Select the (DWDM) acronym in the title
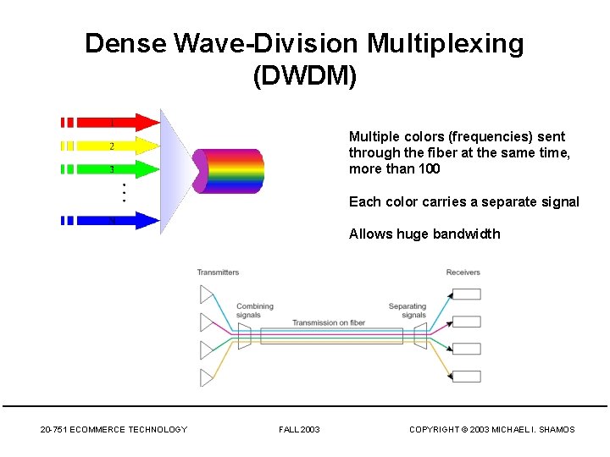[x=305, y=76]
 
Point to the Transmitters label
[x=218, y=273]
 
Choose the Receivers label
[x=463, y=273]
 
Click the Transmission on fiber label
[x=329, y=322]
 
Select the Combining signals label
[x=254, y=311]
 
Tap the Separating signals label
[x=408, y=311]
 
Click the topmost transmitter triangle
[x=207, y=295]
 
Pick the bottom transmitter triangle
[x=207, y=377]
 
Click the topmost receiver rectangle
[x=466, y=295]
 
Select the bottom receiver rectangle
[x=466, y=377]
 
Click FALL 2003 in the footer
[x=299, y=430]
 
